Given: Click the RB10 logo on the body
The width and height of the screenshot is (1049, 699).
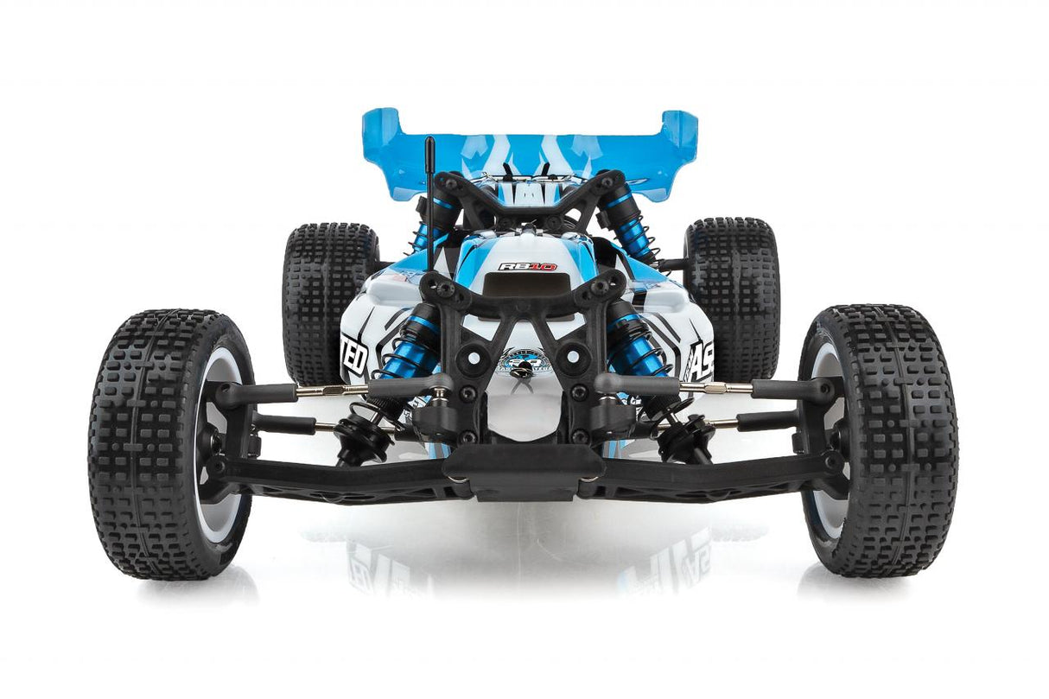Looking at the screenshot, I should [526, 266].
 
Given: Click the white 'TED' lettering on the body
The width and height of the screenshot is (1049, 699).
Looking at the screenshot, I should [354, 356].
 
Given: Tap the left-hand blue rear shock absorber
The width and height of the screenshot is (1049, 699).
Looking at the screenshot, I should [435, 220].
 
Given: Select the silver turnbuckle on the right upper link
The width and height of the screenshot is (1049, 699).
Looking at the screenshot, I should [716, 388].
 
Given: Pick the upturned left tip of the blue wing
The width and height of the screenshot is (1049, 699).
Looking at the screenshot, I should [379, 130].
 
